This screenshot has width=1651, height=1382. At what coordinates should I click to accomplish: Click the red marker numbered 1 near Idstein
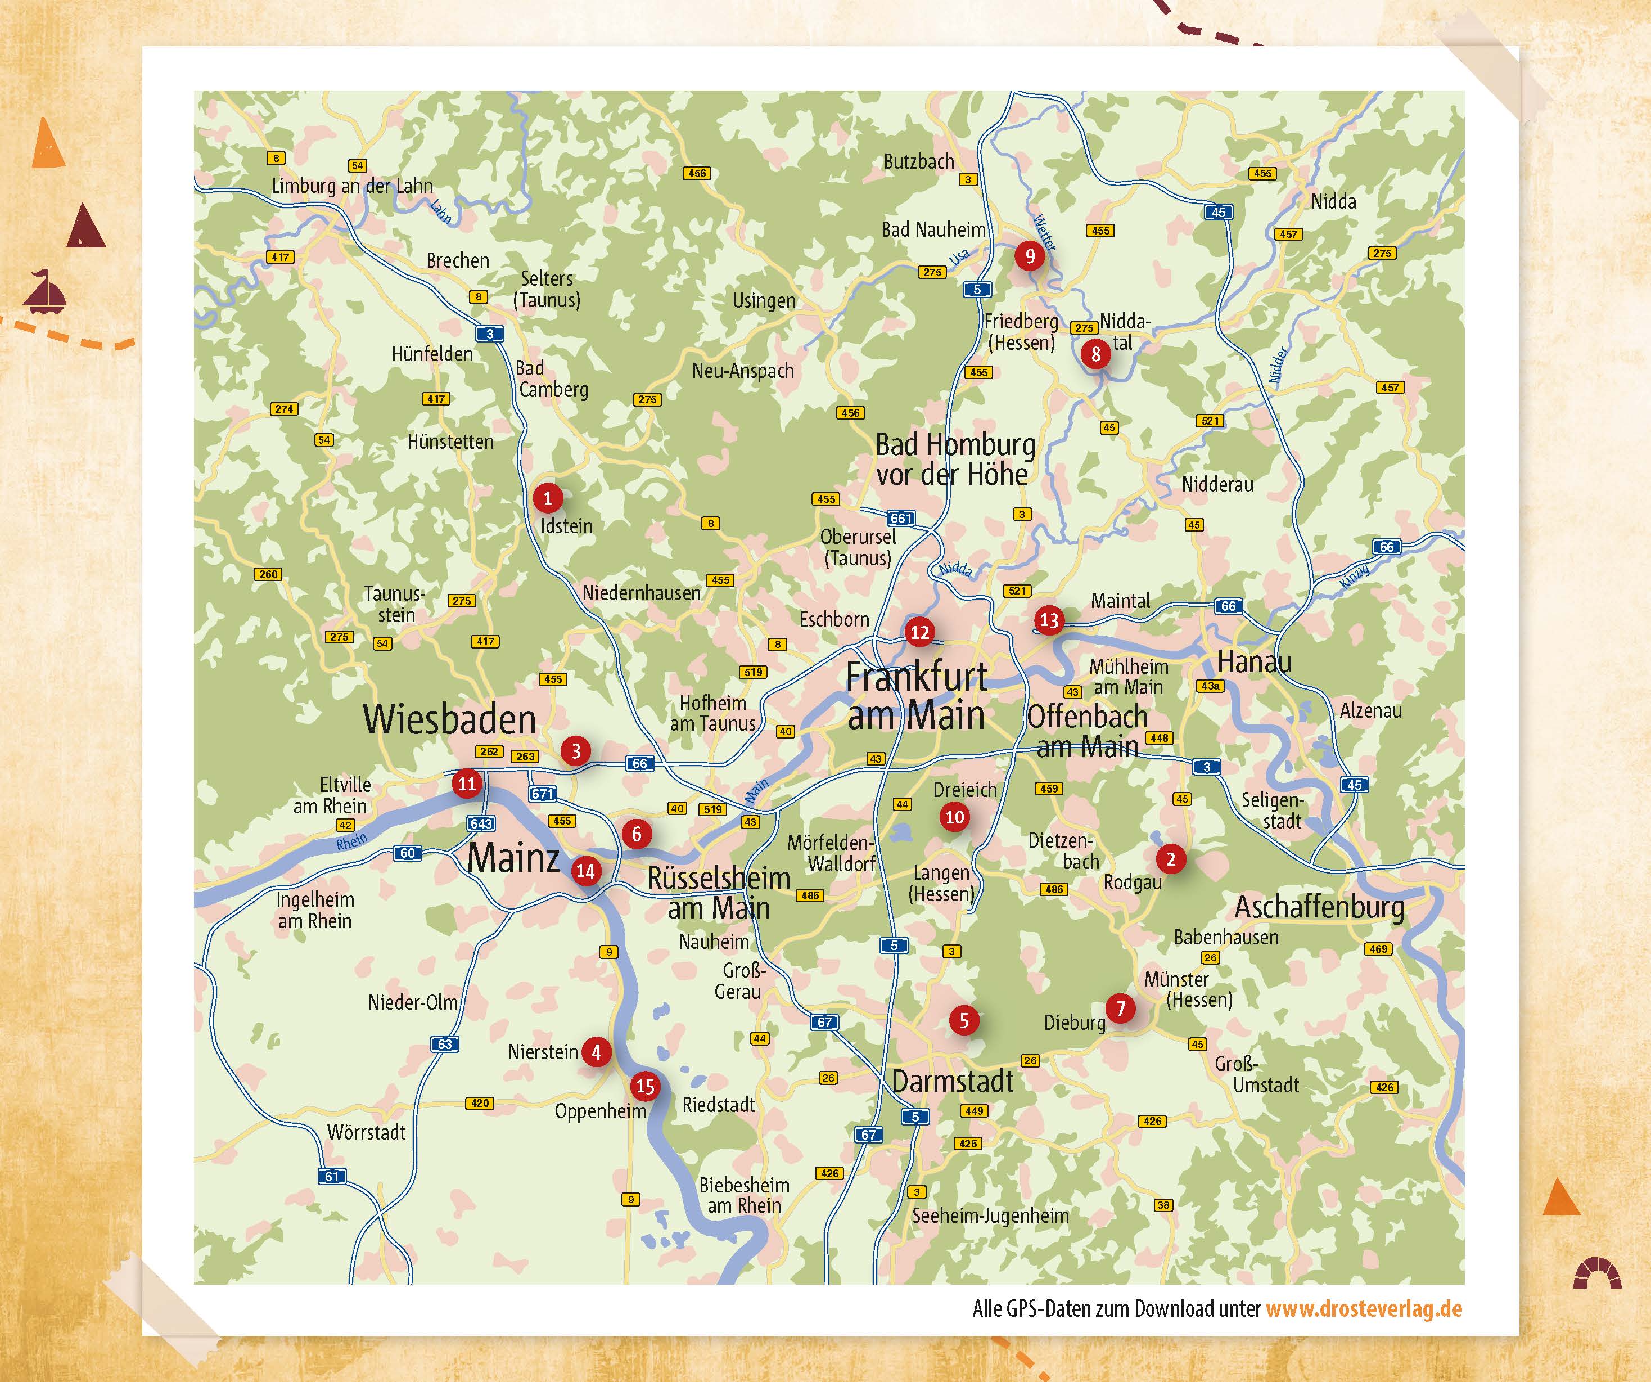click(548, 498)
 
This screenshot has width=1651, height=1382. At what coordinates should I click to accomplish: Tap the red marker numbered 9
click(1029, 255)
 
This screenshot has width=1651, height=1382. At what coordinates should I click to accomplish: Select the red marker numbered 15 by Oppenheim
click(644, 1086)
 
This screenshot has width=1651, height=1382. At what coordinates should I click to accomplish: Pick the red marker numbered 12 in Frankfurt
click(919, 632)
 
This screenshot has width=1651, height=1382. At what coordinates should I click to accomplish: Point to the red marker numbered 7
click(1120, 1007)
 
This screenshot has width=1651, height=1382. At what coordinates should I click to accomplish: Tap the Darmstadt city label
click(952, 1082)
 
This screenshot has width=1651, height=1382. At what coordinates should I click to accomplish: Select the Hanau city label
click(1254, 662)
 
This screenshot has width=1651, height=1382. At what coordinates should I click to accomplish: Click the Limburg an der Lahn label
click(352, 186)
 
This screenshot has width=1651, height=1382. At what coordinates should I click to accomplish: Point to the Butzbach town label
click(918, 162)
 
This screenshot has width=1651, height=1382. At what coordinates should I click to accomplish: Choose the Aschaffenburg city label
click(1319, 907)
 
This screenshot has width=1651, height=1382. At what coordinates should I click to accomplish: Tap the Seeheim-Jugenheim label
click(990, 1216)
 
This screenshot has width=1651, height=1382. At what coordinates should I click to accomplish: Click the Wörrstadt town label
click(367, 1132)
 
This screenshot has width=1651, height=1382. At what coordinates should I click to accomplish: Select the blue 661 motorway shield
click(901, 519)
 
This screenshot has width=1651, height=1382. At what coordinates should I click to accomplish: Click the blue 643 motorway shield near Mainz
click(481, 823)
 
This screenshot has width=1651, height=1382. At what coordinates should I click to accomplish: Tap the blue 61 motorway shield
click(332, 1177)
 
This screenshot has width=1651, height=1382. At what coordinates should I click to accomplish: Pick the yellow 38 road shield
click(1163, 1205)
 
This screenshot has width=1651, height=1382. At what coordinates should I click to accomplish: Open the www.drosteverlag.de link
click(1363, 1309)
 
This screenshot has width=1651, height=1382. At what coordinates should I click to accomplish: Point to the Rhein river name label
click(351, 841)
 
